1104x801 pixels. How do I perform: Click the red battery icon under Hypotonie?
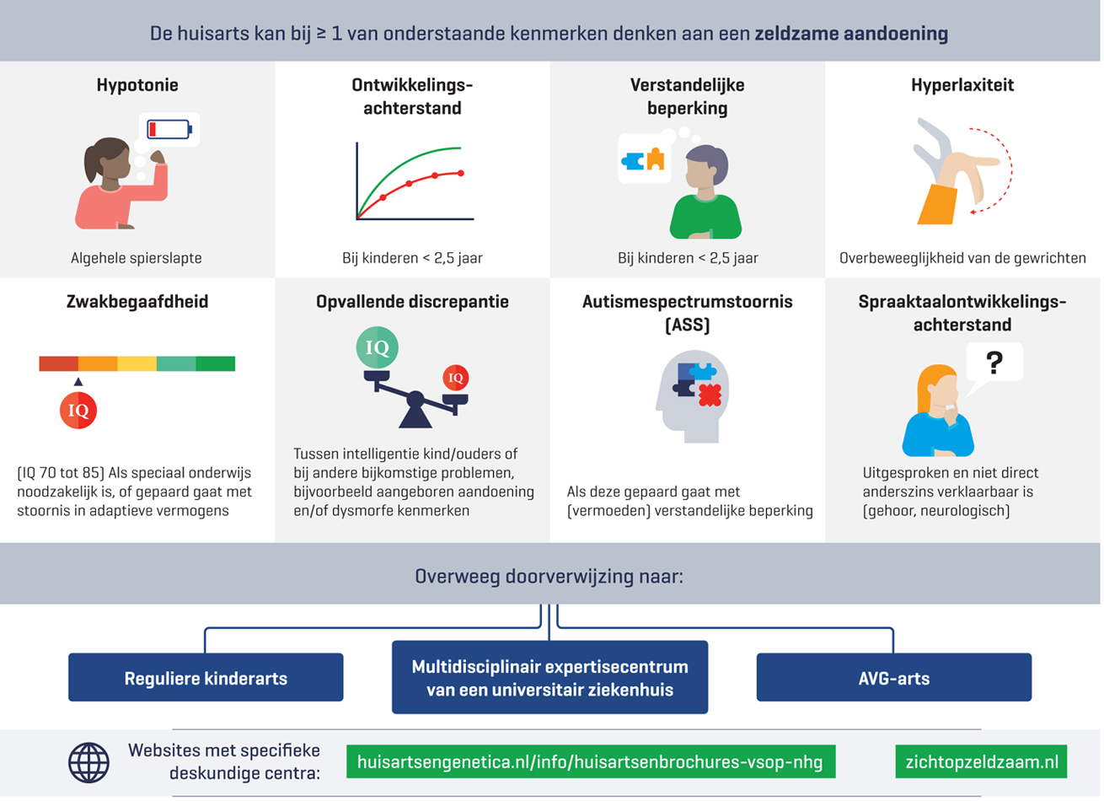tap(169, 129)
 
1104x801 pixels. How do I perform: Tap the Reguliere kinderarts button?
tap(206, 678)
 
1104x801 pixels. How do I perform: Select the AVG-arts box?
tap(893, 678)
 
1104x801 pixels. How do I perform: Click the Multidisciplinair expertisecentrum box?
tap(549, 678)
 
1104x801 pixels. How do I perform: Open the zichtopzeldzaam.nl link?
tap(981, 762)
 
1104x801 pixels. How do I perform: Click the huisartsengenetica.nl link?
tap(590, 762)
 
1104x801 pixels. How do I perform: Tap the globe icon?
tap(88, 762)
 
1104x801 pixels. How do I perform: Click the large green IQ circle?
tap(377, 347)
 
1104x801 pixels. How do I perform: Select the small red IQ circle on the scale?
tap(456, 378)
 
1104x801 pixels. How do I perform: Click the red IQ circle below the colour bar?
tap(78, 411)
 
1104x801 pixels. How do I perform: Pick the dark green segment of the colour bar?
tap(215, 364)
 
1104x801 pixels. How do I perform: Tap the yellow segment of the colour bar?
tap(137, 364)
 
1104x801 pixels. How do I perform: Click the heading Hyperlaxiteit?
tap(962, 85)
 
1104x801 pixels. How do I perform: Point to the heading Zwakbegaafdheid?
tap(137, 302)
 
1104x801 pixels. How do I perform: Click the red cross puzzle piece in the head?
tap(710, 394)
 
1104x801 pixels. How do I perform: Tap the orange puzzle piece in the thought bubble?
tap(655, 159)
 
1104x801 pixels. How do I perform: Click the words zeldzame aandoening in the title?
tap(851, 35)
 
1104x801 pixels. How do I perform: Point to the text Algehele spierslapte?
tap(137, 258)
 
